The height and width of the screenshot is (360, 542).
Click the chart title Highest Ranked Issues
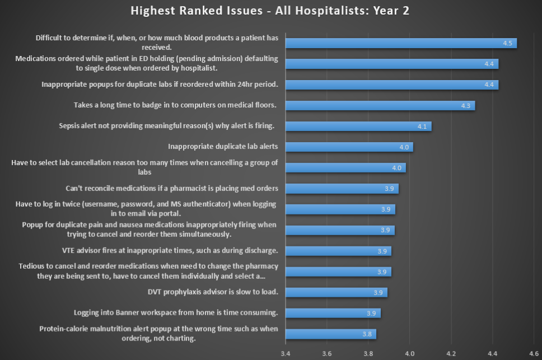[x=270, y=11]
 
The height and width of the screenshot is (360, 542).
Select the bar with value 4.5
[x=400, y=43]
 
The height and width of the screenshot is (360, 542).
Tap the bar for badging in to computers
[x=380, y=105]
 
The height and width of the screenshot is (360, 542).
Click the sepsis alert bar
[x=358, y=126]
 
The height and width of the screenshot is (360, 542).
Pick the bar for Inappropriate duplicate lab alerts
[x=349, y=147]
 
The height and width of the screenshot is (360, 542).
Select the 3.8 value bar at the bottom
[x=330, y=334]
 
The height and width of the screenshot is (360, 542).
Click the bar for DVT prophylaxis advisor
[x=336, y=292]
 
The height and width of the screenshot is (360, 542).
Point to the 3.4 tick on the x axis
[x=286, y=353]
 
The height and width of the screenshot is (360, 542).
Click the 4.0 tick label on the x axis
[x=409, y=353]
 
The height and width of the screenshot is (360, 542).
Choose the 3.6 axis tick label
[x=327, y=353]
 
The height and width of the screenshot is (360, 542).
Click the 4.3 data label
[x=466, y=106]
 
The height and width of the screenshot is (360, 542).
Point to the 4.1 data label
[x=422, y=127]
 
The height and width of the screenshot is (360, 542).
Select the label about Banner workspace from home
[x=176, y=312]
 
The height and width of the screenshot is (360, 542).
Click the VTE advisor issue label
[x=170, y=250]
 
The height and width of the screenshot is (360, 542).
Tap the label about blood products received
[x=157, y=43]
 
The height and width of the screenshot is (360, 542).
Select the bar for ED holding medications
[x=391, y=64]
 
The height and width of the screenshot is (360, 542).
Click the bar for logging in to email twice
[x=340, y=209]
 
